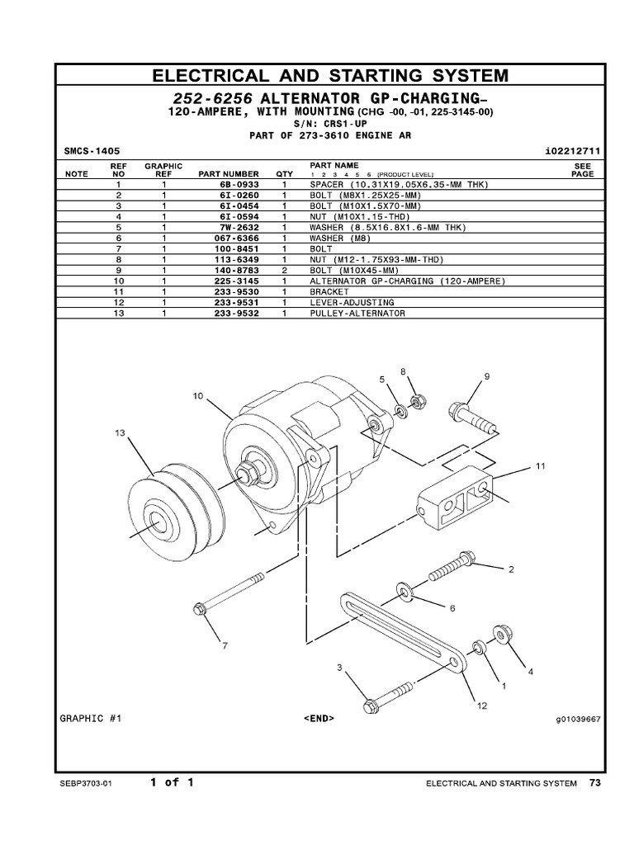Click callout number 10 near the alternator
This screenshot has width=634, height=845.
(x=198, y=396)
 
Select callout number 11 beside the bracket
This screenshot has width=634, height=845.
(x=540, y=466)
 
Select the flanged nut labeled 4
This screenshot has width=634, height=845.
(x=501, y=634)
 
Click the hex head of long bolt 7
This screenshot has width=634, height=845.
(x=199, y=610)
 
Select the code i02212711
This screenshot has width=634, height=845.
(x=574, y=152)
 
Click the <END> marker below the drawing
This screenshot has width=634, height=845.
(x=319, y=718)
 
